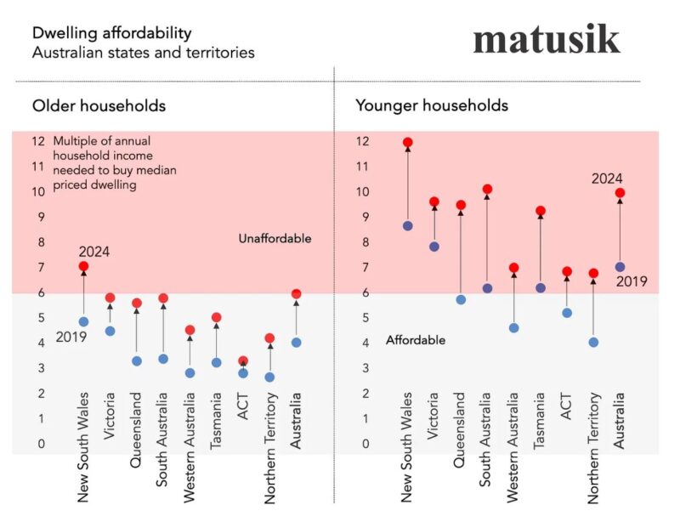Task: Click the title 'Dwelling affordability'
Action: (111, 33)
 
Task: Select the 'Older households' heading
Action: (99, 106)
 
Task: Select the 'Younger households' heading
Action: (431, 106)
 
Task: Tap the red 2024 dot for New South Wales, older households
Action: (83, 267)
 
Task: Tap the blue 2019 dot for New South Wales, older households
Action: (83, 322)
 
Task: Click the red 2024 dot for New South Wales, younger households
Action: (408, 143)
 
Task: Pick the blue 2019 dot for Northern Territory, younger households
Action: (593, 343)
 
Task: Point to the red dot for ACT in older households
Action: (243, 361)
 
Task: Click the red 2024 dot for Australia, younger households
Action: (620, 193)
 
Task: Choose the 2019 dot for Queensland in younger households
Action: (461, 299)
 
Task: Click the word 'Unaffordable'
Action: (275, 239)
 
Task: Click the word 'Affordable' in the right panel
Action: (416, 340)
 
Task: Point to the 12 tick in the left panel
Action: (38, 141)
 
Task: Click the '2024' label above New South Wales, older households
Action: (94, 252)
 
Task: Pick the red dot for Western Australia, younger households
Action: (513, 268)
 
